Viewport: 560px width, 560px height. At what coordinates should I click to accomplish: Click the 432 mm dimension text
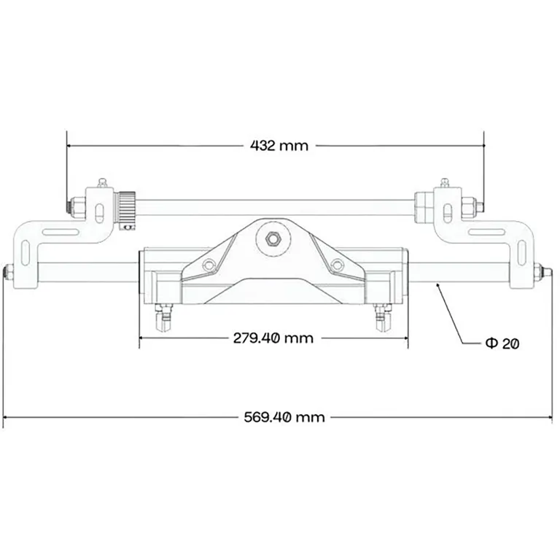279,145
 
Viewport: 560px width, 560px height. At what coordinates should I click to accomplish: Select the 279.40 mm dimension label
273,338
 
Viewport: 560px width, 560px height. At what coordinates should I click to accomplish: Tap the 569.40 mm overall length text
284,418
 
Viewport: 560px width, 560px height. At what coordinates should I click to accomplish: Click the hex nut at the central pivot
275,238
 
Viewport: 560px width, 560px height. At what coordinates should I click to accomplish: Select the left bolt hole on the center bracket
211,265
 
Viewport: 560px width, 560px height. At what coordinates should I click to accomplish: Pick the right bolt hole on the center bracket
336,265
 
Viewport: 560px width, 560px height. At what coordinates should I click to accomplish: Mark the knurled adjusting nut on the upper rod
128,207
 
